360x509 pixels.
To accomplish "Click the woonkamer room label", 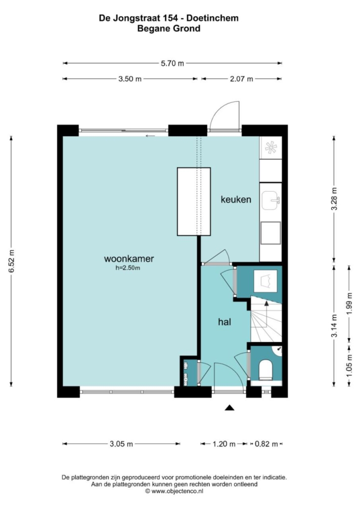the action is tap(129, 259).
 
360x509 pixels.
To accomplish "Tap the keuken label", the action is tap(236, 199).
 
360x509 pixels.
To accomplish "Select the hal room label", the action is tap(225, 322).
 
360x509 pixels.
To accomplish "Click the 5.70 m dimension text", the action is tap(173, 63).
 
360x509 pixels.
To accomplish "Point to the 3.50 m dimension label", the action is tap(130, 79).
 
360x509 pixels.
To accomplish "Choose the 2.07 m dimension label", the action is tap(241, 79).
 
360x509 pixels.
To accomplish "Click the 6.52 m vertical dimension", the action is tap(12, 261).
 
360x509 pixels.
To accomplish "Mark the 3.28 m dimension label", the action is tap(334, 199).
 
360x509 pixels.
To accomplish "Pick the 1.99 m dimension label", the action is tap(350, 303).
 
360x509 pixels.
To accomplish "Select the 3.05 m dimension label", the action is tap(121, 444).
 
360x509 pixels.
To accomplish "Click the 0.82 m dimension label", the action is tap(267, 444).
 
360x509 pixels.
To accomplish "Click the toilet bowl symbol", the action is tap(266, 370).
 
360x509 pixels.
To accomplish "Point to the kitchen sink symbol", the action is tap(270, 200).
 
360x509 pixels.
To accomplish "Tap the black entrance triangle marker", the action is tap(230, 408).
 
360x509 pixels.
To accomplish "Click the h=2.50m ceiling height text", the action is tap(128, 268).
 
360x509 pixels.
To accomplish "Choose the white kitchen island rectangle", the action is tap(194, 202).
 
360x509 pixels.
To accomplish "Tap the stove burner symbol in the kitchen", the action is tap(270, 148).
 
